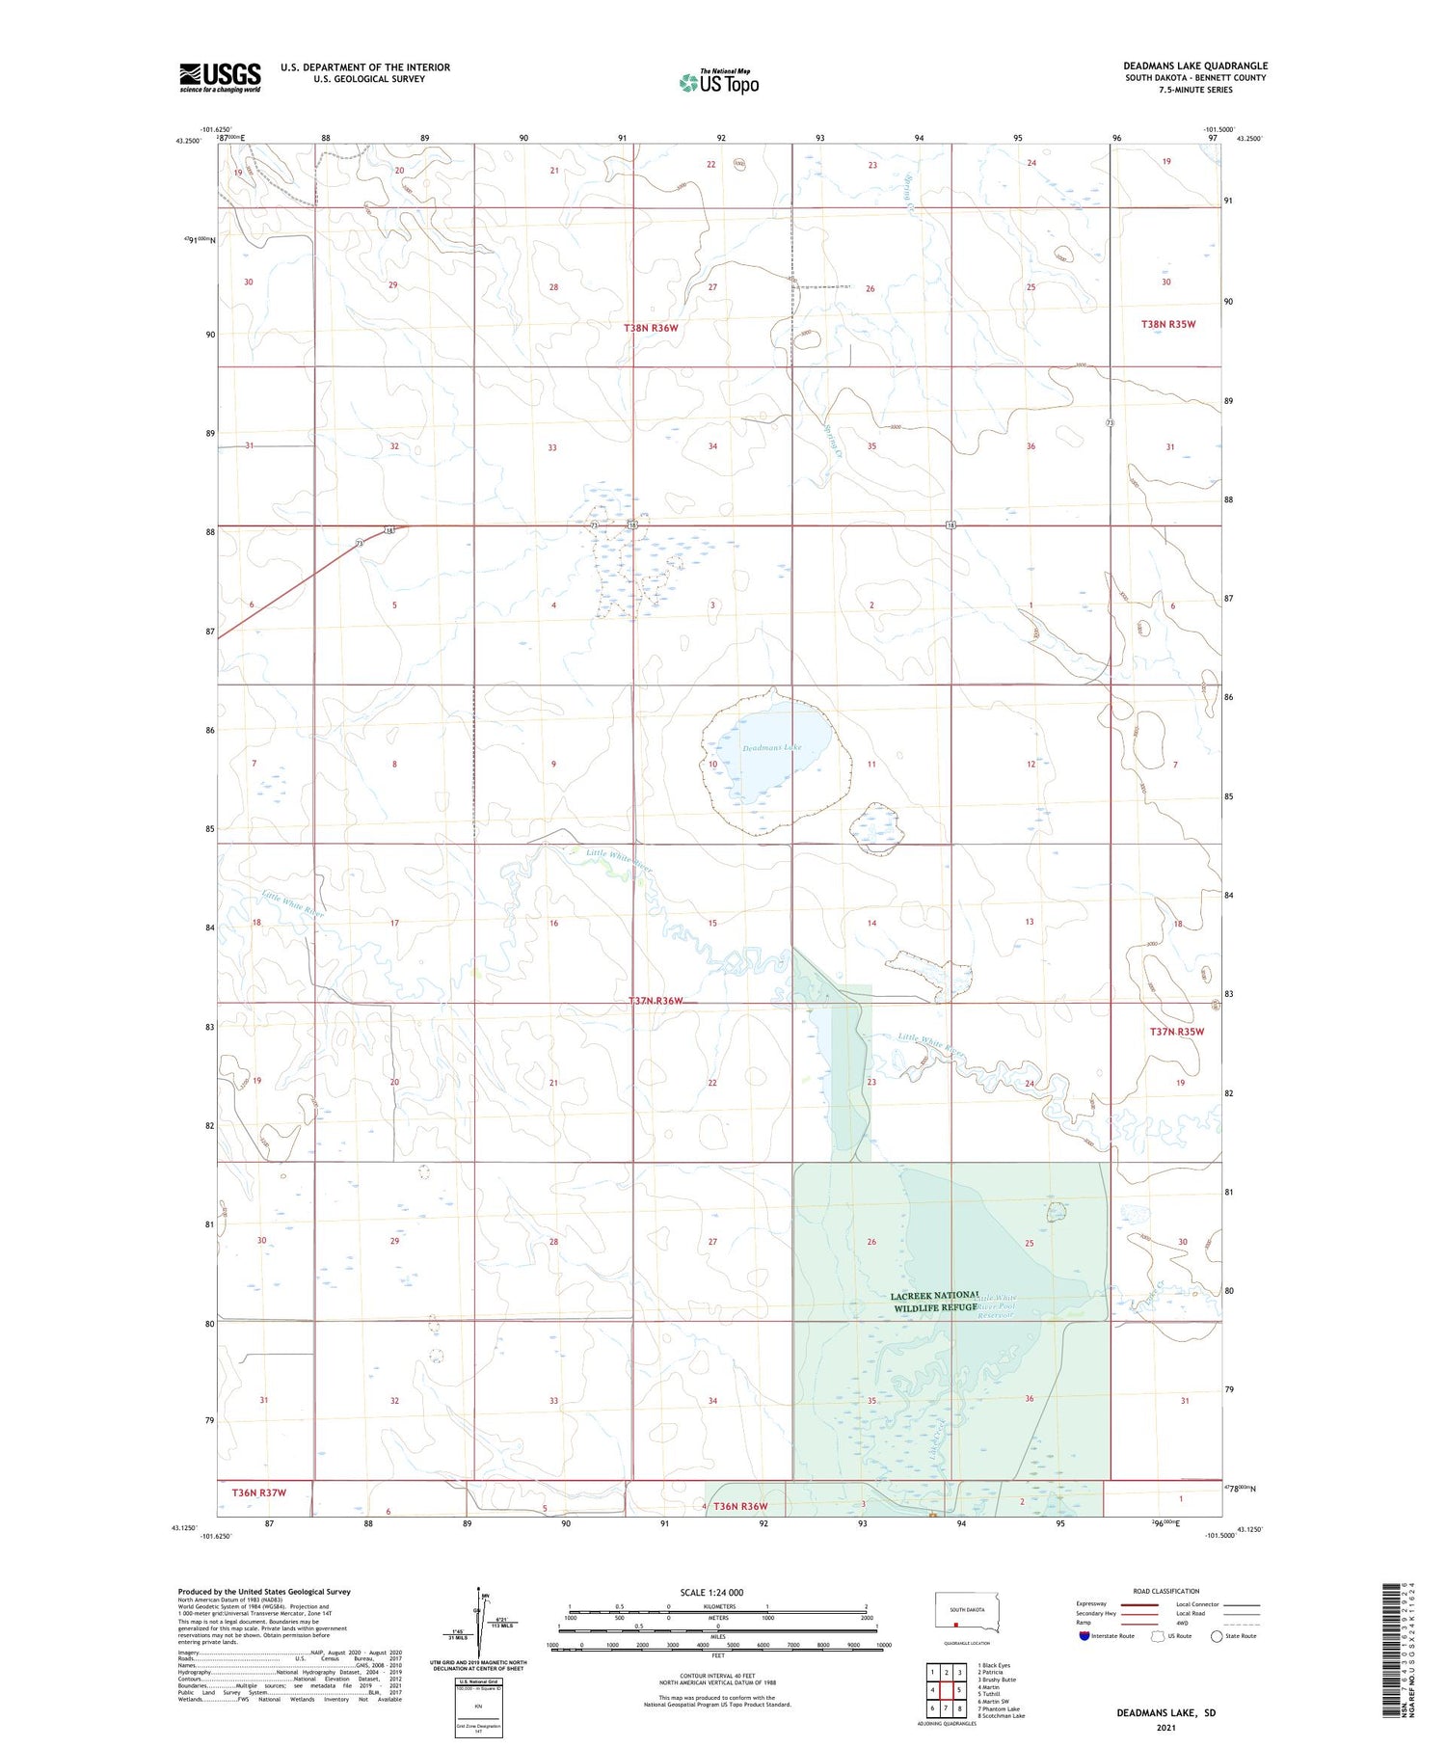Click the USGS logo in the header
[220, 77]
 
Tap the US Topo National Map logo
[719, 82]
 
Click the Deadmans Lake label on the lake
[771, 747]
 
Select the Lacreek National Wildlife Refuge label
[934, 1301]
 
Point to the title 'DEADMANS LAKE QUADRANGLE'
[1194, 66]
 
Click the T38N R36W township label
[651, 328]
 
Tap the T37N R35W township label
[1176, 1032]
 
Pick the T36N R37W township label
[258, 1493]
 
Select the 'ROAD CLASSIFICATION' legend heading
[1166, 1591]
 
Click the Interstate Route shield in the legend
[1084, 1636]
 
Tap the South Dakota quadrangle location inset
[967, 1613]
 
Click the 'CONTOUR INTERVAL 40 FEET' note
[717, 1676]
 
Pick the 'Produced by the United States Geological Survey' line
[264, 1592]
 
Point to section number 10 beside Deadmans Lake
[712, 765]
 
